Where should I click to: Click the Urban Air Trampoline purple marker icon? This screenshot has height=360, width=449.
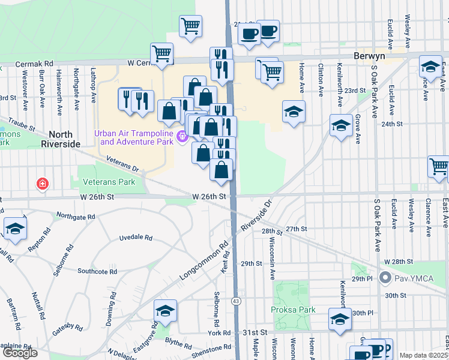(x=182, y=137)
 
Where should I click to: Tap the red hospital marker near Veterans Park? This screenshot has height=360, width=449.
(x=42, y=182)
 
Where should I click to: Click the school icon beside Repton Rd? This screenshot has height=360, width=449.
(x=15, y=228)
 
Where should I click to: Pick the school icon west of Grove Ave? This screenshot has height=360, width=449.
(x=341, y=125)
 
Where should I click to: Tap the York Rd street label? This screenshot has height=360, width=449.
(x=219, y=333)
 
